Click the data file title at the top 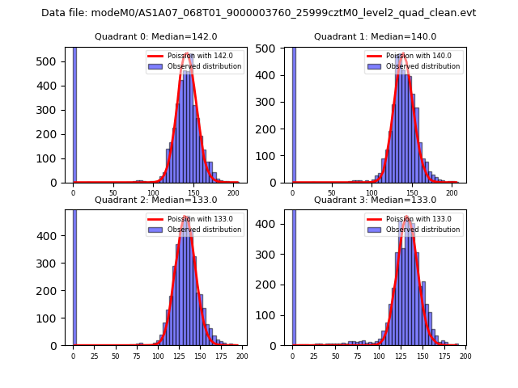(x=258, y=13)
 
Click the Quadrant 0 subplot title (x=156, y=36)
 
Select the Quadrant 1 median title (x=376, y=36)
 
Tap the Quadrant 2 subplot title (x=156, y=200)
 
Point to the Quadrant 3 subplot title (x=376, y=200)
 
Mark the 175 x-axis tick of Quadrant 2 (x=220, y=356)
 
